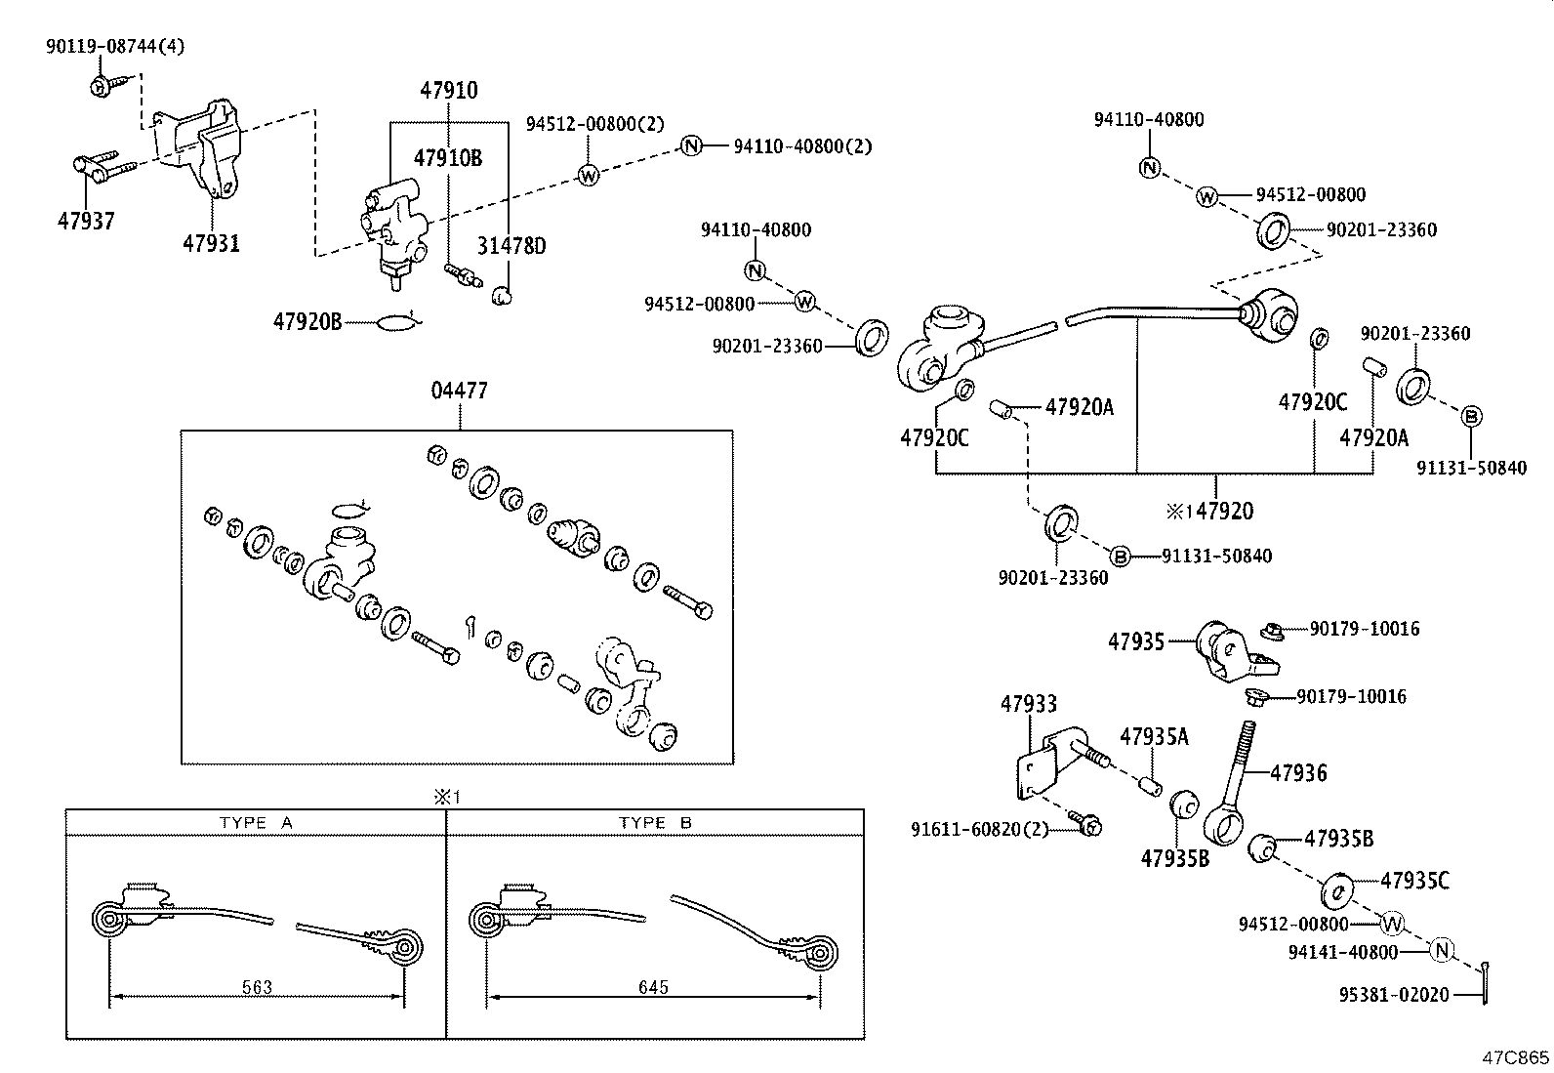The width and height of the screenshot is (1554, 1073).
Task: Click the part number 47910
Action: coord(449,91)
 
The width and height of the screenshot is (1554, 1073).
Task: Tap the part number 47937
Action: coord(85,221)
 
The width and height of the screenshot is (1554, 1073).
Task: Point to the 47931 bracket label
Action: coord(210,242)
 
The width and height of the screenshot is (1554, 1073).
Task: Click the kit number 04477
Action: coord(459,391)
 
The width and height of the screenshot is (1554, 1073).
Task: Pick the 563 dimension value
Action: coord(257,987)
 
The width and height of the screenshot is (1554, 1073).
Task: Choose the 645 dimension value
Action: coord(653,987)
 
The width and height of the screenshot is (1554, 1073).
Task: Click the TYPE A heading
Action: coord(256,823)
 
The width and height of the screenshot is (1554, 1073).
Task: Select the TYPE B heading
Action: coord(655,823)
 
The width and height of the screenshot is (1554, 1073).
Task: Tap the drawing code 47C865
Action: coord(1515,1057)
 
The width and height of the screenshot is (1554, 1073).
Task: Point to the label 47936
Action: coord(1298,773)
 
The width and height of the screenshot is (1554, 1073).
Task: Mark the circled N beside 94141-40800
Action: coord(1441,949)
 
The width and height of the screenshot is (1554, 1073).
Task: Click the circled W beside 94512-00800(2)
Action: coord(589,175)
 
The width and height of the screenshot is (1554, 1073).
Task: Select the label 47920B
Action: coord(307,320)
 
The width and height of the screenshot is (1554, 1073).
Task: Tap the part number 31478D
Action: coord(511,246)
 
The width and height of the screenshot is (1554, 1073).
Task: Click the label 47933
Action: coord(1028,704)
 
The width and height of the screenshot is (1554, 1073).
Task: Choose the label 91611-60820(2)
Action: coord(979,829)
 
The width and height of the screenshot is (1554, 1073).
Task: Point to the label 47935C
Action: coord(1414,881)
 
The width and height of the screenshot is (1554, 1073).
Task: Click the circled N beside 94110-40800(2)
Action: coord(691,146)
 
